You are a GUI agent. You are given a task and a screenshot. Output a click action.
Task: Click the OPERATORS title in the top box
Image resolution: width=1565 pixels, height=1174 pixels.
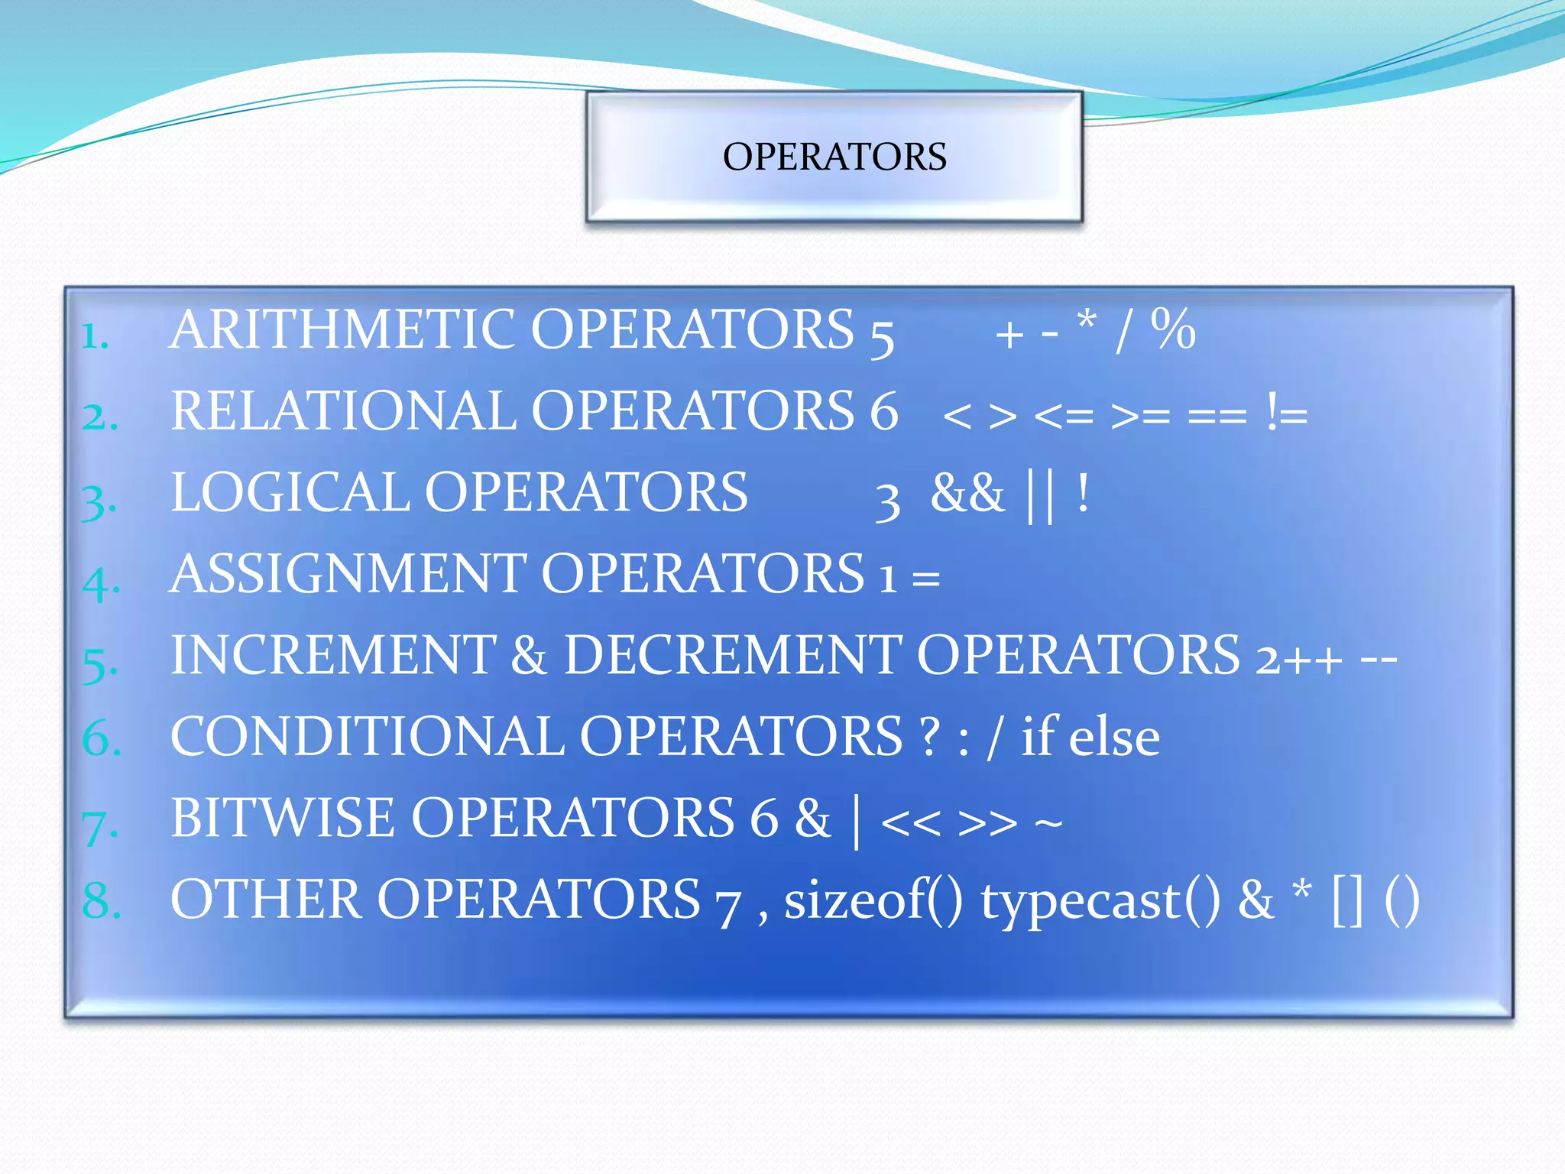(x=834, y=157)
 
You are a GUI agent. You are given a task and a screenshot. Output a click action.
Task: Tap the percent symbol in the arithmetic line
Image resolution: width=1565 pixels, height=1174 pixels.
(x=1172, y=330)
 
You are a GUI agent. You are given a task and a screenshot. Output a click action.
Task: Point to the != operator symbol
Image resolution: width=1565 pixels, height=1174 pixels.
(x=1287, y=414)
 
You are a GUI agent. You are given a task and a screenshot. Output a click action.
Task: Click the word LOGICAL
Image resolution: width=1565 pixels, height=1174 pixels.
(x=291, y=492)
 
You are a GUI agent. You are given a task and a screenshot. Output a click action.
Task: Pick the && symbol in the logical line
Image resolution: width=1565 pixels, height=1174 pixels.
(x=967, y=494)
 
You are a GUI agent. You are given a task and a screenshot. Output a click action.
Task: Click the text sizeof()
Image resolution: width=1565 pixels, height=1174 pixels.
(x=873, y=900)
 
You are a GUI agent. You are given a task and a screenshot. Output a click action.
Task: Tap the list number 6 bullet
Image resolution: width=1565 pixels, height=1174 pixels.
(x=101, y=739)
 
